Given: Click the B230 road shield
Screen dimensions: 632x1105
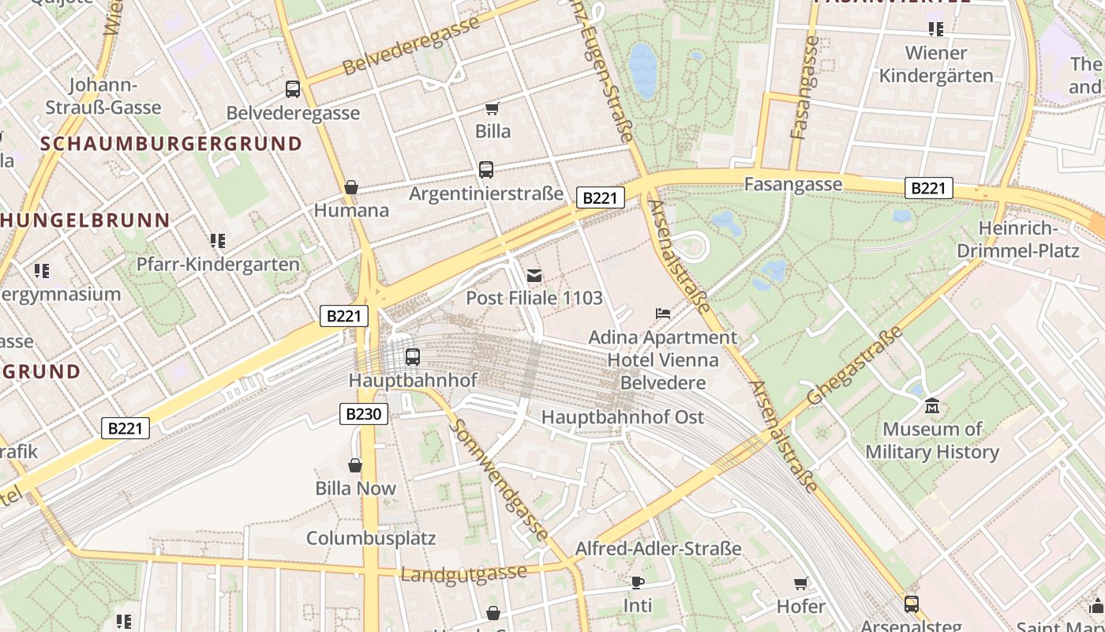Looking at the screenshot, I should tap(364, 413).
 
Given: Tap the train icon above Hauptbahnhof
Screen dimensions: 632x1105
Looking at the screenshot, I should tap(412, 356).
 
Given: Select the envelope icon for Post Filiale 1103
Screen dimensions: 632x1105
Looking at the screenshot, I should tap(534, 275).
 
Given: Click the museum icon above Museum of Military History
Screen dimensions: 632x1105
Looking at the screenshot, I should tap(932, 406).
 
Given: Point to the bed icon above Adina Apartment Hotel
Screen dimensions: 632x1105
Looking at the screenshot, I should tap(663, 314).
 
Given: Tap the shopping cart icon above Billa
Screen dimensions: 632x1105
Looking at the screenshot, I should tap(493, 108).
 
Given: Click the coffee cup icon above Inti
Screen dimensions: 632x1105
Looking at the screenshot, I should tap(638, 582).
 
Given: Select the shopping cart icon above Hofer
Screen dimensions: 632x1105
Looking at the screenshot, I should tap(801, 583).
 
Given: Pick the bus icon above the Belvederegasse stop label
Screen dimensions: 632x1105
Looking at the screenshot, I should tap(293, 89).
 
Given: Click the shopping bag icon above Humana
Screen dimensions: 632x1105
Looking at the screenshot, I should tap(351, 187).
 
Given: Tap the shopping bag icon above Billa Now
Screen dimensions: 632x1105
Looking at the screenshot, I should tap(355, 465).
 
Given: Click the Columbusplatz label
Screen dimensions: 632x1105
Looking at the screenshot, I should tap(371, 538).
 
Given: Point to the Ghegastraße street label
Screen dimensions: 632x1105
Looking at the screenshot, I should tap(855, 366).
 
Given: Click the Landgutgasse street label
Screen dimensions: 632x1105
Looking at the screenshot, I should tap(463, 574).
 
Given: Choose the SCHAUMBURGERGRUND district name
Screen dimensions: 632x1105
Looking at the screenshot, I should tap(171, 144).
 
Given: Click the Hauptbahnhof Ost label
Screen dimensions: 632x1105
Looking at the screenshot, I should tap(623, 417).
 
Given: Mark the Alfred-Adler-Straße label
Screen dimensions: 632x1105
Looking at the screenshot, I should tap(658, 548).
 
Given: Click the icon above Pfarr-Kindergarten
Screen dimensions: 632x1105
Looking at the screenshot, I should tap(218, 240).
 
